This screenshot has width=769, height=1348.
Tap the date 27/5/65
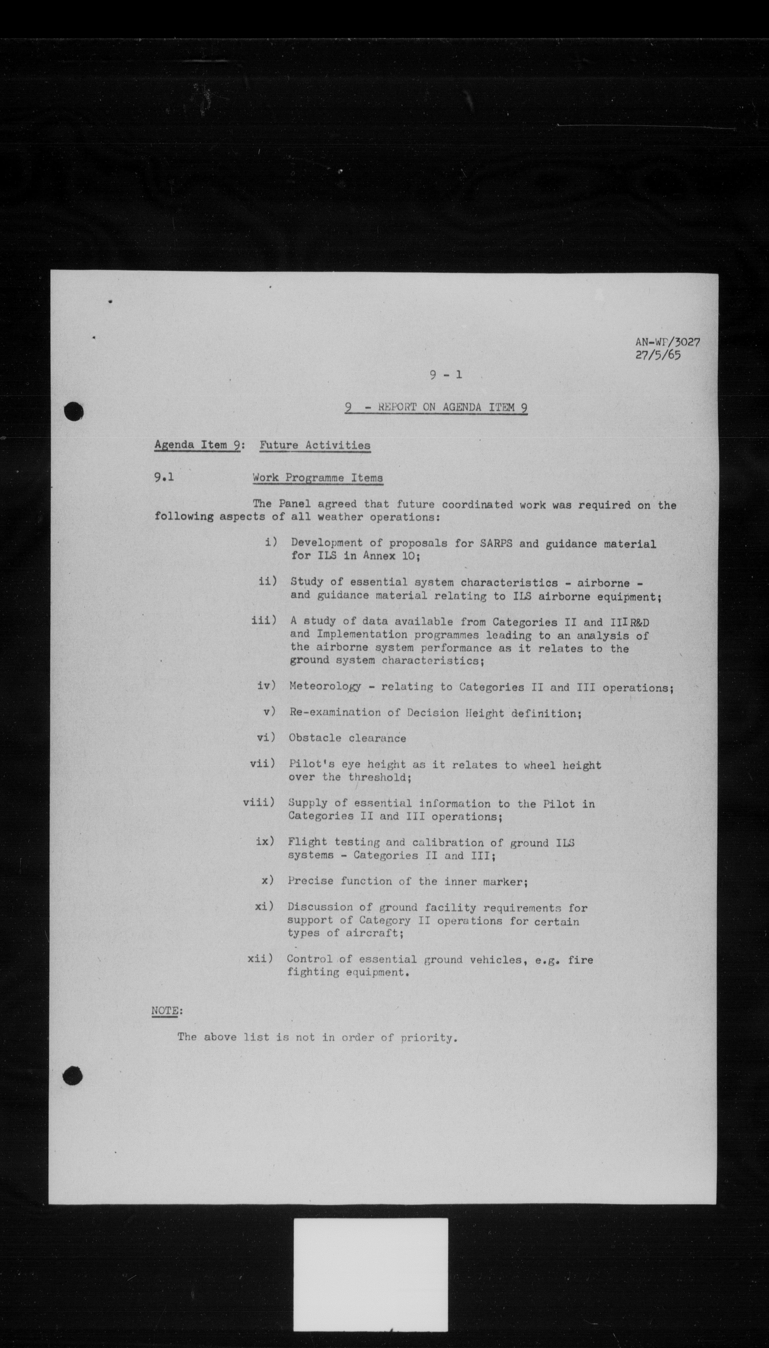pyautogui.click(x=658, y=355)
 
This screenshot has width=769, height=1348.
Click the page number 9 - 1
pyautogui.click(x=445, y=375)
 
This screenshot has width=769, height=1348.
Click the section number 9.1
pyautogui.click(x=164, y=477)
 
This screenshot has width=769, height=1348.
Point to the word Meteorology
pyautogui.click(x=325, y=686)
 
